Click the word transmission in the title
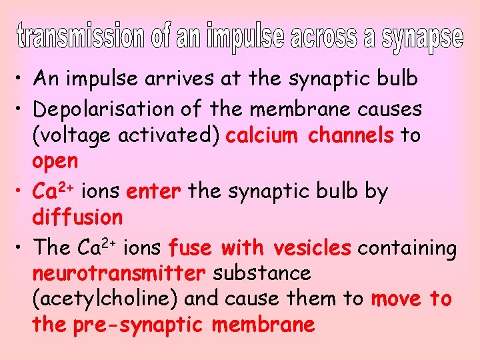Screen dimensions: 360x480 pos(79,38)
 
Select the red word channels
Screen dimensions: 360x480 pos(351,135)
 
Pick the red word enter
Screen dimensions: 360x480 pos(154,192)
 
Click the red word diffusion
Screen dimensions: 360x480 pos(77,217)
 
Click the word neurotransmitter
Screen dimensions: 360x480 pos(119,273)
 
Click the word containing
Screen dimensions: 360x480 pos(407,249)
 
